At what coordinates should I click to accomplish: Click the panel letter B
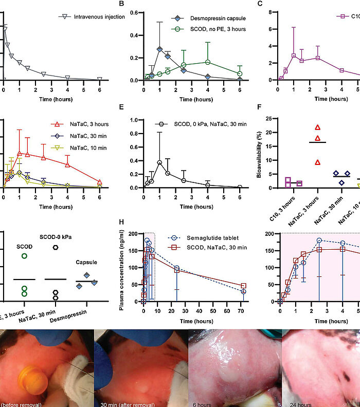(122, 4)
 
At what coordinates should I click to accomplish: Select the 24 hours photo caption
(297, 403)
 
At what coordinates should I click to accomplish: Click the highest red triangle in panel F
(318, 127)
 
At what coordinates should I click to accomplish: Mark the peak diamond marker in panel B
(159, 49)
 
